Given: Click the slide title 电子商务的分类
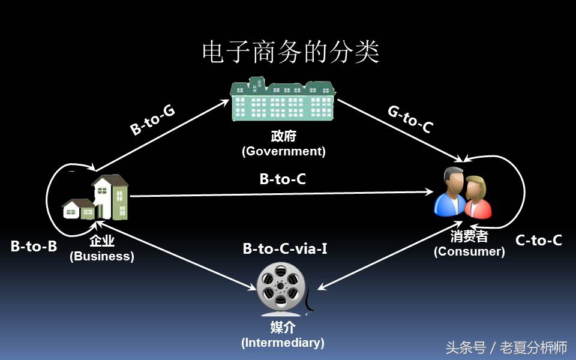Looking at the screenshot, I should tap(290, 53).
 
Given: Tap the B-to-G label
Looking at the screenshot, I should tap(152, 120).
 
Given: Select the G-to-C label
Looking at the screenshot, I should tap(410, 118).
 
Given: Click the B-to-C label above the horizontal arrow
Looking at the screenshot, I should tap(283, 179).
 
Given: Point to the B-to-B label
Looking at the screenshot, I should tap(34, 245).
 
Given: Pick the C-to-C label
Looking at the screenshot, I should tap(539, 241).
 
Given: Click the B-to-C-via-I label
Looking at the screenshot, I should tap(285, 248).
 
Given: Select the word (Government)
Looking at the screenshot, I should tap(284, 151).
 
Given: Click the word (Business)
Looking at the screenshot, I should tap(102, 256).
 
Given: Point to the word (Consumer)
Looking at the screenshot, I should tap(469, 251).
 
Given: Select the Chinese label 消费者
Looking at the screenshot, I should tap(469, 237).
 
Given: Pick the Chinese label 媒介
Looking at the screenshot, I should tap(283, 328).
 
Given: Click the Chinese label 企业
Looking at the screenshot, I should tap(102, 242).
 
